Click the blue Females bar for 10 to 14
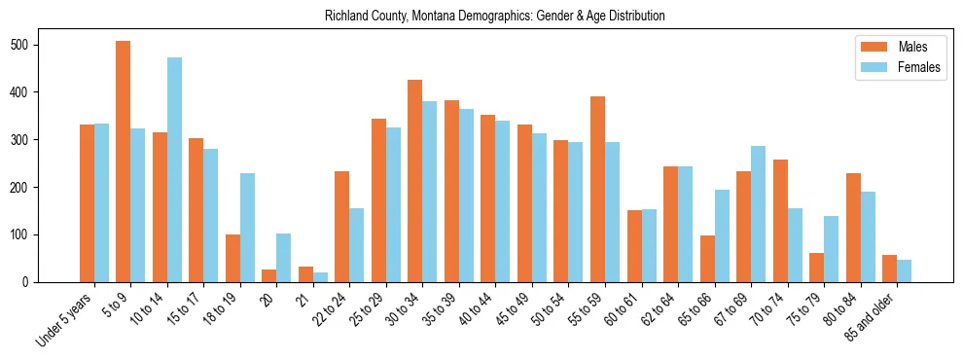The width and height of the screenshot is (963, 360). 174,170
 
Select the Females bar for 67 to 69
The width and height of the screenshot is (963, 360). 758,214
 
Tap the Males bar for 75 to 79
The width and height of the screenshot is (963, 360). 816,268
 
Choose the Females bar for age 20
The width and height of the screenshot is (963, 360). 284,258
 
